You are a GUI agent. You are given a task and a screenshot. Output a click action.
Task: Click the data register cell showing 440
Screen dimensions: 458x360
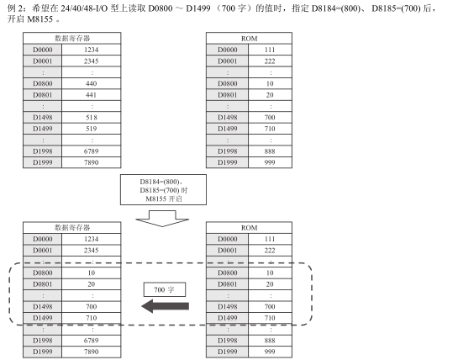point(91,83)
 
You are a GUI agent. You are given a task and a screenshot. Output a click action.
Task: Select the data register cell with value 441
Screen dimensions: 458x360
point(91,95)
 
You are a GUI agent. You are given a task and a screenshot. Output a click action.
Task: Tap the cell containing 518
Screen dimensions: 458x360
point(91,118)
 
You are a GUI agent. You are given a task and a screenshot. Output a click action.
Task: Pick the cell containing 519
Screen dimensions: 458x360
point(91,129)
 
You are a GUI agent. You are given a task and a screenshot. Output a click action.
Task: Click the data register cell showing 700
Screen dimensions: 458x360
point(91,307)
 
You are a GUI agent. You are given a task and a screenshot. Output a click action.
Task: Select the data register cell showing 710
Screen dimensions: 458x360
point(91,318)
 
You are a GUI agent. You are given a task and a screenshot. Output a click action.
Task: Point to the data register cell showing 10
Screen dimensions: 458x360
point(91,273)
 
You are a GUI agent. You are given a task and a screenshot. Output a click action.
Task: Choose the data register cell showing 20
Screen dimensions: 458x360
point(91,284)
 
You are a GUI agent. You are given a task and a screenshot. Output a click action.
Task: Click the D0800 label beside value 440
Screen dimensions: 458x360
point(43,83)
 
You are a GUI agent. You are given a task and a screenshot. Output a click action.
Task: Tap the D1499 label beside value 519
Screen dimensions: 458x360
point(43,129)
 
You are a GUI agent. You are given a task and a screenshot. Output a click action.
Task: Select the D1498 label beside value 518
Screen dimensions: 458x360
point(43,118)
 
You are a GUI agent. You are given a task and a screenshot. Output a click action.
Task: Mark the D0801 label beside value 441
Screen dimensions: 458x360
point(43,95)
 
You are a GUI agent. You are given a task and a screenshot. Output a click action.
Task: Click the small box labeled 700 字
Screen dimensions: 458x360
point(165,290)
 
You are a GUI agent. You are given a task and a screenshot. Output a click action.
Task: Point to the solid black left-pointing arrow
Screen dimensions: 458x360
point(166,306)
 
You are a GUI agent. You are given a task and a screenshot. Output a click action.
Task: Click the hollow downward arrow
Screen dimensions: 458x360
point(162,219)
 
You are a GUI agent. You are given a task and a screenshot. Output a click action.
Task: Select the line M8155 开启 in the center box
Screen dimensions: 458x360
point(164,199)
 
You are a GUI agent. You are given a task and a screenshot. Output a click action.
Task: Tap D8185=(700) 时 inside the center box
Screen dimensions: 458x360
point(164,190)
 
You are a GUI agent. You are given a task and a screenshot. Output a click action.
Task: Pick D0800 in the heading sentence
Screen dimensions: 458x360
point(161,8)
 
